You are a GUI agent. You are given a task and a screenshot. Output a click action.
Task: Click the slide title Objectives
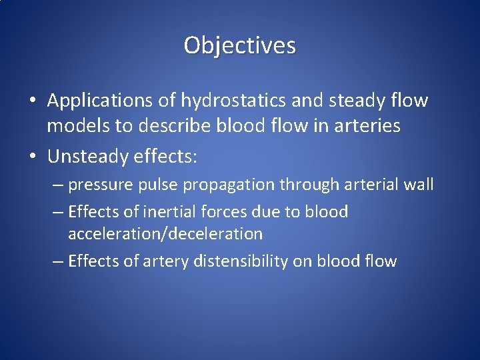click(240, 45)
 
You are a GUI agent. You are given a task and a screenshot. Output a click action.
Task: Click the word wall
click(418, 185)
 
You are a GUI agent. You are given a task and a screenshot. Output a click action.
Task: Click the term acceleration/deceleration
click(165, 234)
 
